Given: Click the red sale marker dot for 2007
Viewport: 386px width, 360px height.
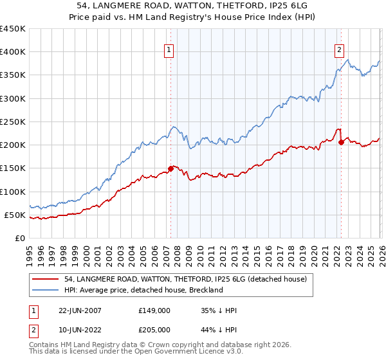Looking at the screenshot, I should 170,168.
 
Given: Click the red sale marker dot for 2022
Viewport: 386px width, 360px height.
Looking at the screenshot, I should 341,143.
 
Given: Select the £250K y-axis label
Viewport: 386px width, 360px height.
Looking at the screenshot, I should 13,122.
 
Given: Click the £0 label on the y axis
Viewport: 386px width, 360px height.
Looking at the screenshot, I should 20,238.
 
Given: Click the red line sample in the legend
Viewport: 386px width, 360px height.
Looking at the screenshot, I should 46,279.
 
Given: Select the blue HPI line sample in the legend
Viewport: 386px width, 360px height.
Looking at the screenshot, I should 46,290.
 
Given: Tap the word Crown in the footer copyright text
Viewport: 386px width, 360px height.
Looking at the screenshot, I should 160,346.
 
